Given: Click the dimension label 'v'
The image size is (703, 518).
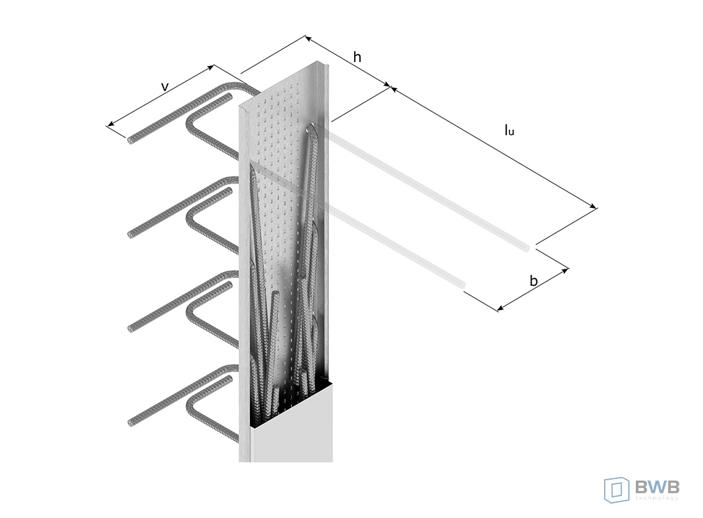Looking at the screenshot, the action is point(165,86).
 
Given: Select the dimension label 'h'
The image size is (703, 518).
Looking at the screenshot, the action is point(357,57).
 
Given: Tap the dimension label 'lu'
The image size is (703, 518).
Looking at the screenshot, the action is point(509,130).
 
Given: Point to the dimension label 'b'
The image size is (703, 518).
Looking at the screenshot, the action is point(534,281).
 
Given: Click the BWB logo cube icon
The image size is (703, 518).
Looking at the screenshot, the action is point(617,490).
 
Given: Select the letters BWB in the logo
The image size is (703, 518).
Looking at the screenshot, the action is point(657,486).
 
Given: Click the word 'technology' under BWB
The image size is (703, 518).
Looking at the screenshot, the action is point(657,498).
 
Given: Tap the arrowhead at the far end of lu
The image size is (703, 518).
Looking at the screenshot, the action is point(594,207).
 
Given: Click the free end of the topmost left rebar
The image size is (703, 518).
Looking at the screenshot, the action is point(130,141).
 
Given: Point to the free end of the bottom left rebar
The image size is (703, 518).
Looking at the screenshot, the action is point(130,422).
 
